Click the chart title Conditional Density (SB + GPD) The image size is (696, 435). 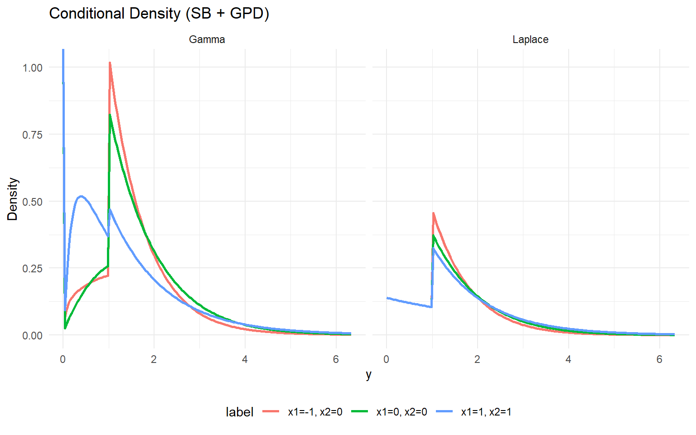[x=159, y=14]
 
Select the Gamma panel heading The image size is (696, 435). [x=207, y=39]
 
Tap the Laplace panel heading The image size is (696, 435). [x=530, y=39]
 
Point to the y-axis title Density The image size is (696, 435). [x=12, y=199]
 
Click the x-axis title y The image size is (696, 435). [x=369, y=374]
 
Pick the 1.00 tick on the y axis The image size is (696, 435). [x=32, y=68]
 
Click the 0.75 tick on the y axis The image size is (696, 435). [x=32, y=135]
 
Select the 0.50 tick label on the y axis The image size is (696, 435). [x=32, y=202]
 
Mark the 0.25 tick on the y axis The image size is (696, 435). [x=32, y=268]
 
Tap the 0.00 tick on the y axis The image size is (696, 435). [x=32, y=335]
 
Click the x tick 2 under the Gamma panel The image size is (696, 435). [x=154, y=359]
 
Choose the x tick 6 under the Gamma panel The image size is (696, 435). [x=336, y=359]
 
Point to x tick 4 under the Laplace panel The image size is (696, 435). [x=568, y=359]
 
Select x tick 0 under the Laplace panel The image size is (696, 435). [x=386, y=359]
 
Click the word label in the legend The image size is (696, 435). [x=239, y=412]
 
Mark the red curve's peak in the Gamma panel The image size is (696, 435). [x=110, y=63]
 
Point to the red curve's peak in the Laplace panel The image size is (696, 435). [x=433, y=213]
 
